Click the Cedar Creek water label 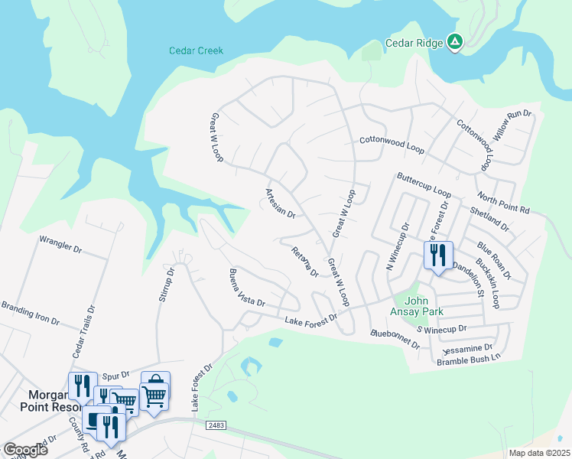tap(196, 51)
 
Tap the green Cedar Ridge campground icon tap(454, 43)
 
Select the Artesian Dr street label tap(280, 203)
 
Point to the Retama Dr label tap(304, 262)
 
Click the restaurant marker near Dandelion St tap(437, 255)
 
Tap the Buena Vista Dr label tap(247, 288)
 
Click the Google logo tap(25, 450)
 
